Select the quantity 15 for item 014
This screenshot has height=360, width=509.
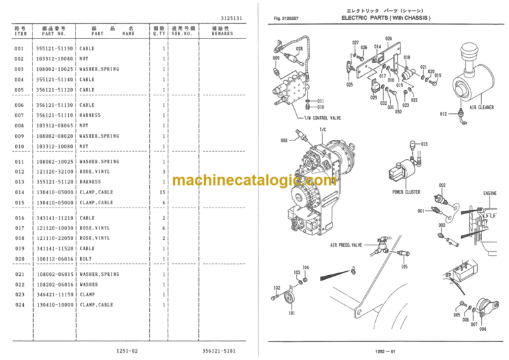[x=162, y=192]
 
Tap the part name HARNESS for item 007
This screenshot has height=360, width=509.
[x=90, y=115]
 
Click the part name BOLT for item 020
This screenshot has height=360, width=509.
[x=86, y=259]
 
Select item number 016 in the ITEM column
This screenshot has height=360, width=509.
[x=19, y=218]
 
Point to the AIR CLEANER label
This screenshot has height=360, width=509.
[x=482, y=107]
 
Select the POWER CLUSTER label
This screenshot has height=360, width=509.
[x=407, y=192]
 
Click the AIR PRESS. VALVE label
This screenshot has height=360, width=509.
[x=347, y=245]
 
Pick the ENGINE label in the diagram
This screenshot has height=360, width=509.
[x=490, y=194]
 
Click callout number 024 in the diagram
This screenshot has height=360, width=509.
[x=388, y=38]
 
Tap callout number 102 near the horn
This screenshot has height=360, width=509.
[x=276, y=287]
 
